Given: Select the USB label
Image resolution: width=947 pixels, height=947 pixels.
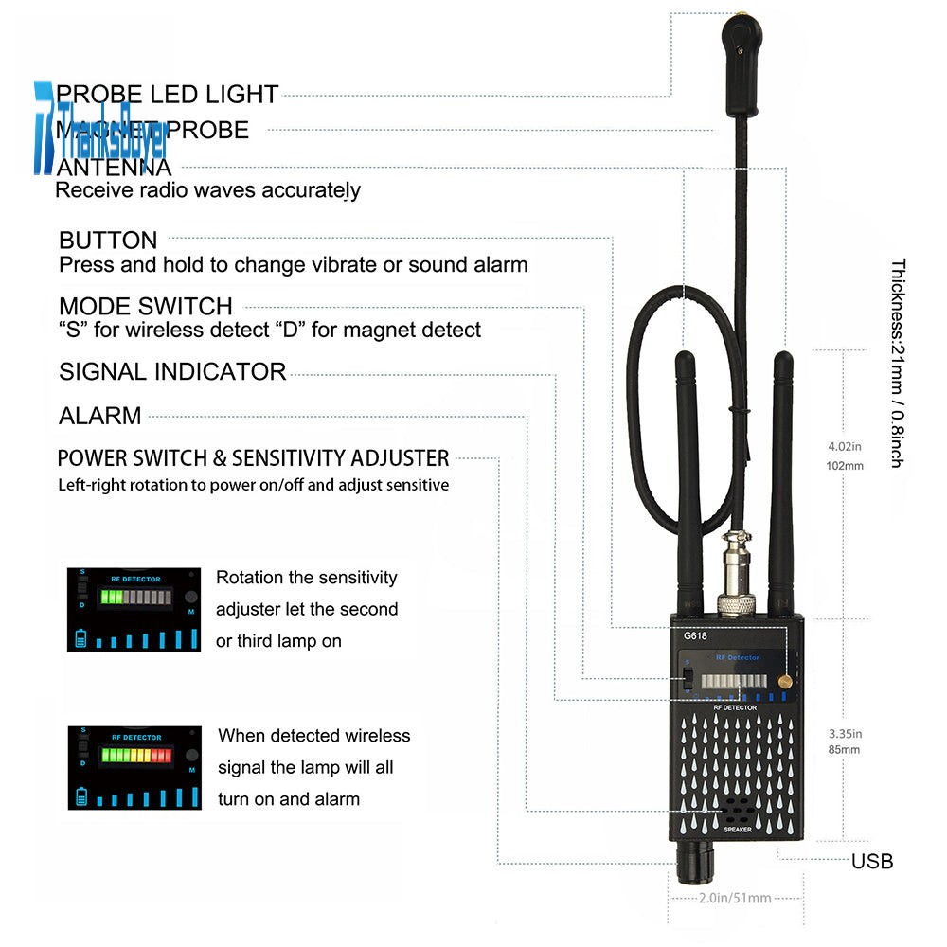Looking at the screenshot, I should [x=871, y=862].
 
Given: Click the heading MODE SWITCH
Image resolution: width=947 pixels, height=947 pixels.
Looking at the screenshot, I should [x=145, y=306].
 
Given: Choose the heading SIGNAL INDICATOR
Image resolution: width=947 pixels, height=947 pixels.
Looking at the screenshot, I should [x=172, y=371].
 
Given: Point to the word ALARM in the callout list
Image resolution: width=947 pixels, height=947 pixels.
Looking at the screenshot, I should [x=99, y=416].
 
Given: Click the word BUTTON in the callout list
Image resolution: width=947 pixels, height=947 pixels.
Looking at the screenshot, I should [x=108, y=241].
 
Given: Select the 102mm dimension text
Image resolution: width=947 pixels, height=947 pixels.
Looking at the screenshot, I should [x=846, y=466].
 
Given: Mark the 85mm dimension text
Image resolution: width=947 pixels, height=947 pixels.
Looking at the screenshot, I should [x=844, y=750].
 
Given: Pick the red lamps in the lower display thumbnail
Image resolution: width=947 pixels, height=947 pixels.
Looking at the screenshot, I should [x=160, y=756].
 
